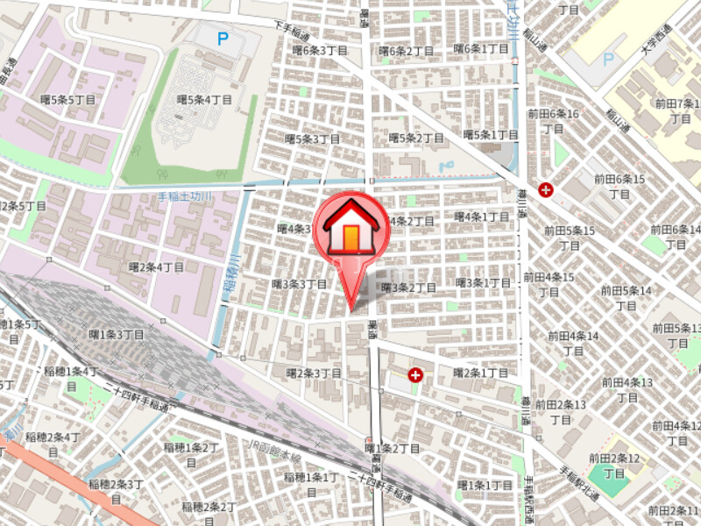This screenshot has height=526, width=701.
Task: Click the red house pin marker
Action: (x=350, y=232)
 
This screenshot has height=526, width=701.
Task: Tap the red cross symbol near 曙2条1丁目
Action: (x=415, y=375)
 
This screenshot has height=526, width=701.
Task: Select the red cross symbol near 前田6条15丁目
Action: (x=547, y=188)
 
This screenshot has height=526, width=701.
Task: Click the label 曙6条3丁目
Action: (x=320, y=51)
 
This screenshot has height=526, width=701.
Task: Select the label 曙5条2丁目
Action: (x=416, y=138)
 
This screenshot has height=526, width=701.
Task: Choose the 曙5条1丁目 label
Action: (x=491, y=135)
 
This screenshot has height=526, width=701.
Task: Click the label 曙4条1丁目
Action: (x=482, y=217)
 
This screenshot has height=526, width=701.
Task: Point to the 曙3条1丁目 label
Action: (x=484, y=282)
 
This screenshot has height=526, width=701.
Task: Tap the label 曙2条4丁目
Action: (x=157, y=267)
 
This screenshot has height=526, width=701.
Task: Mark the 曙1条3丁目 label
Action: (x=117, y=334)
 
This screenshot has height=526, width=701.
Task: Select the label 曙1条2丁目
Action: (x=393, y=449)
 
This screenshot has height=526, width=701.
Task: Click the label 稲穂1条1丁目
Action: (x=311, y=477)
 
